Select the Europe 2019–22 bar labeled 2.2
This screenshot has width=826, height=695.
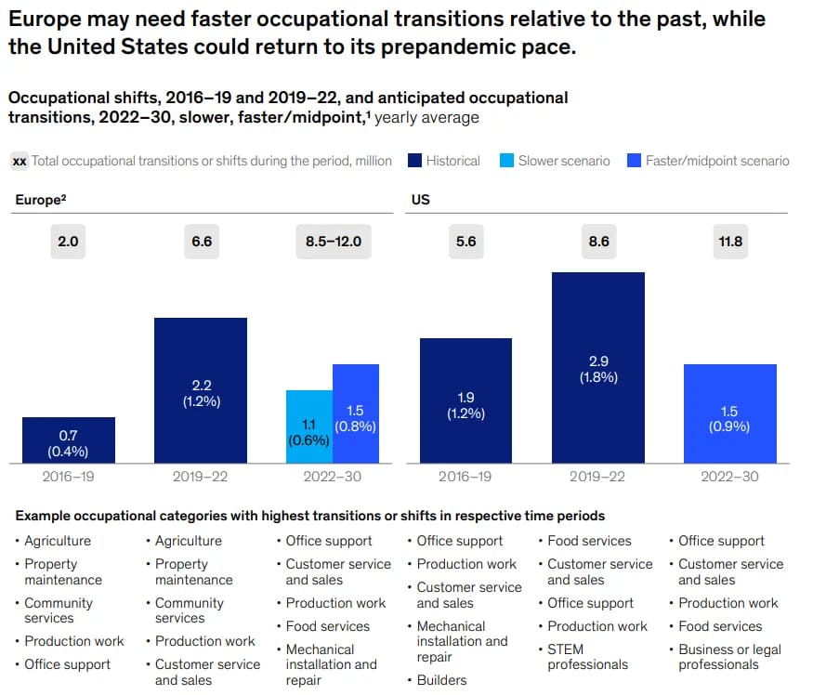tap(201, 390)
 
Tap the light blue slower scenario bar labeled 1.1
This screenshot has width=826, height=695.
tap(309, 426)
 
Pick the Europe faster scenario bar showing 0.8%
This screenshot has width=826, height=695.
tap(356, 413)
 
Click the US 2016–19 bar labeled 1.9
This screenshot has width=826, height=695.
tap(465, 400)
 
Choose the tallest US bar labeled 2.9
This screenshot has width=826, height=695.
tap(598, 367)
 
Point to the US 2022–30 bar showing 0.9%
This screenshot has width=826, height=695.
tap(730, 413)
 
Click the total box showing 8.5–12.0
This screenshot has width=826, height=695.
tap(333, 242)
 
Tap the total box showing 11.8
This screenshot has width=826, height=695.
tap(730, 242)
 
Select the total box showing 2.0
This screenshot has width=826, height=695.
tap(69, 242)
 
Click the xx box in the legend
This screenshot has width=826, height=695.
tap(19, 161)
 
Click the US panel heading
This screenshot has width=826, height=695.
tap(421, 200)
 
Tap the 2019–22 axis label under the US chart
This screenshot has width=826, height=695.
tap(598, 477)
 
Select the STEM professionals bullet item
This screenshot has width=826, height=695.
tap(587, 657)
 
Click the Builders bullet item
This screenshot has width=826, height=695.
tap(442, 680)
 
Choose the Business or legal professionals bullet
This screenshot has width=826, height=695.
tap(729, 657)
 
